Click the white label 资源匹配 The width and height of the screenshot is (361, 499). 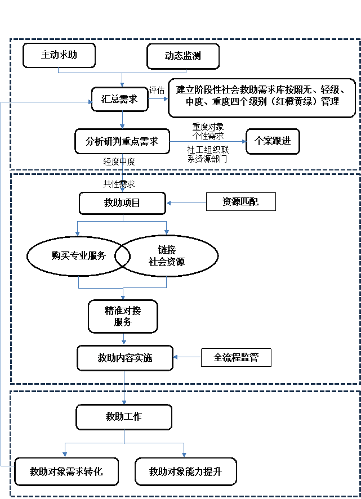click(x=240, y=202)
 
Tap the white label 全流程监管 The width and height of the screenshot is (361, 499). click(x=236, y=358)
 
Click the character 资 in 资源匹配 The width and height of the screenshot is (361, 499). click(x=227, y=202)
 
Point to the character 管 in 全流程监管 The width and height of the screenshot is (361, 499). click(x=253, y=358)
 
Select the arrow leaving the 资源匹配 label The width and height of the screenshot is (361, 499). click(x=186, y=203)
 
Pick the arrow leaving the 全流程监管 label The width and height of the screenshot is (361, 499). click(x=188, y=357)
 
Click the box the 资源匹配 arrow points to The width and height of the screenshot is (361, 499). click(x=122, y=203)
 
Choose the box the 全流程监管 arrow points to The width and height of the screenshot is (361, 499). click(x=124, y=358)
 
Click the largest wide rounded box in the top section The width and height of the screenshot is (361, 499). click(x=262, y=98)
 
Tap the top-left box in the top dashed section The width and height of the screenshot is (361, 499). click(x=59, y=56)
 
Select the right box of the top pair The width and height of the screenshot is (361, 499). click(x=183, y=56)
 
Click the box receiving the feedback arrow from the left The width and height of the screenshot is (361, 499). click(x=120, y=99)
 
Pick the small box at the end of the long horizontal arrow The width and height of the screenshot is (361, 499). click(x=273, y=141)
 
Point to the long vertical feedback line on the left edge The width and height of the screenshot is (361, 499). click(x=1, y=281)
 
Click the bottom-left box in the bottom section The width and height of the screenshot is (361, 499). click(x=66, y=471)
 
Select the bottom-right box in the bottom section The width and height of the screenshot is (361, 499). click(x=185, y=471)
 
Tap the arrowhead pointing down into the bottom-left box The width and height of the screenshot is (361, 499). click(x=65, y=453)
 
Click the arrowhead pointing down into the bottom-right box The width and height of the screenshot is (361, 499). click(x=184, y=453)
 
